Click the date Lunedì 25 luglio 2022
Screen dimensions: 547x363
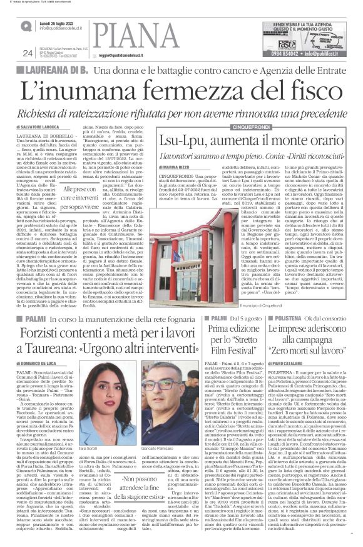[58, 22]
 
